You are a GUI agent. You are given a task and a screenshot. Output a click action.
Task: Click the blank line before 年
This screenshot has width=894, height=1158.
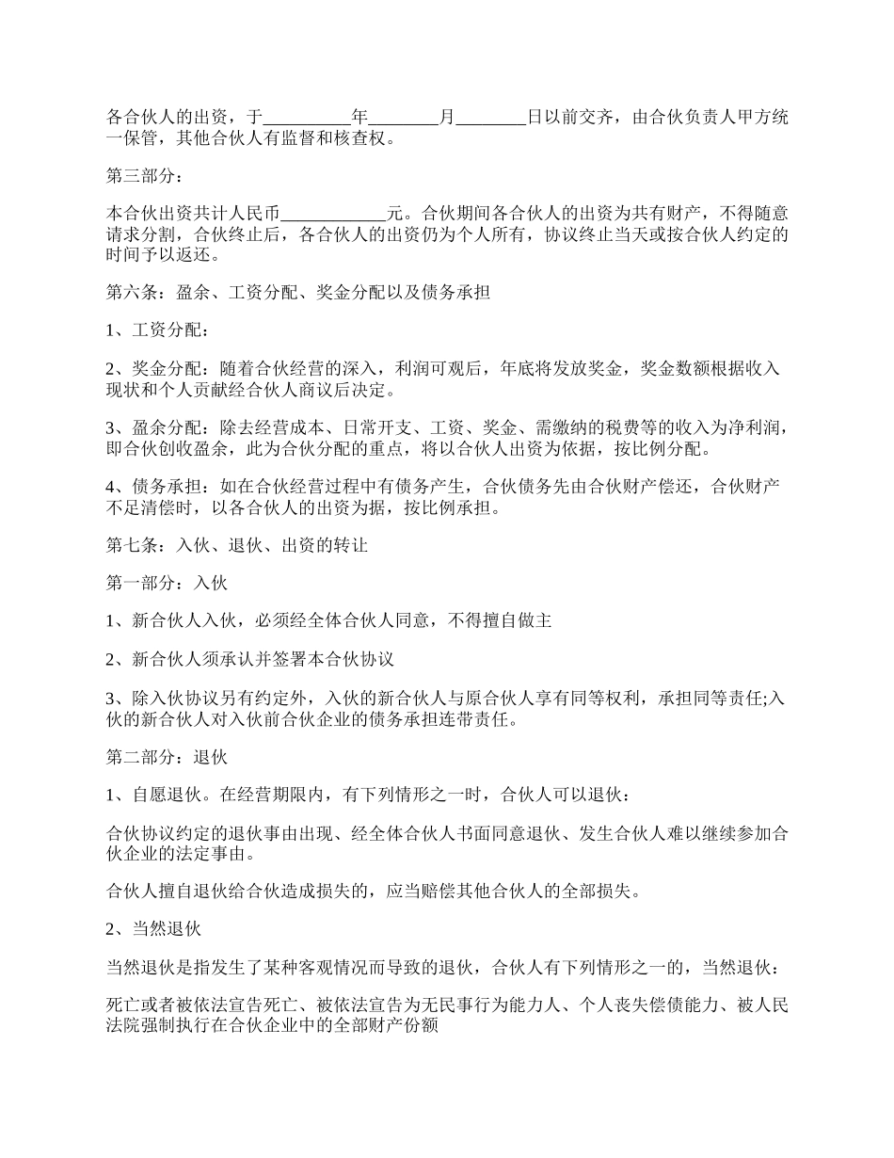click(307, 119)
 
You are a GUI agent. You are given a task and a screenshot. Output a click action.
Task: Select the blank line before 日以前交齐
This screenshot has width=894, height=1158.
click(490, 119)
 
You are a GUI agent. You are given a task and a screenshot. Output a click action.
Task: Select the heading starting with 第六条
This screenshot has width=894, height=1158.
click(298, 293)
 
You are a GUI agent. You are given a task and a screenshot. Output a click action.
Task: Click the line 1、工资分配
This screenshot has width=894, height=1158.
click(158, 330)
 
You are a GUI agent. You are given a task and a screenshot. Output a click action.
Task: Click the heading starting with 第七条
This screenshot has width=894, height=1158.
click(236, 545)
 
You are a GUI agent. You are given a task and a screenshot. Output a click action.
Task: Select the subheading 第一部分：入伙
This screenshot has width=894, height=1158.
click(167, 583)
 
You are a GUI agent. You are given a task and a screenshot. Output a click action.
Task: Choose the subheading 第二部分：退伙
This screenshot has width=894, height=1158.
click(167, 757)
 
